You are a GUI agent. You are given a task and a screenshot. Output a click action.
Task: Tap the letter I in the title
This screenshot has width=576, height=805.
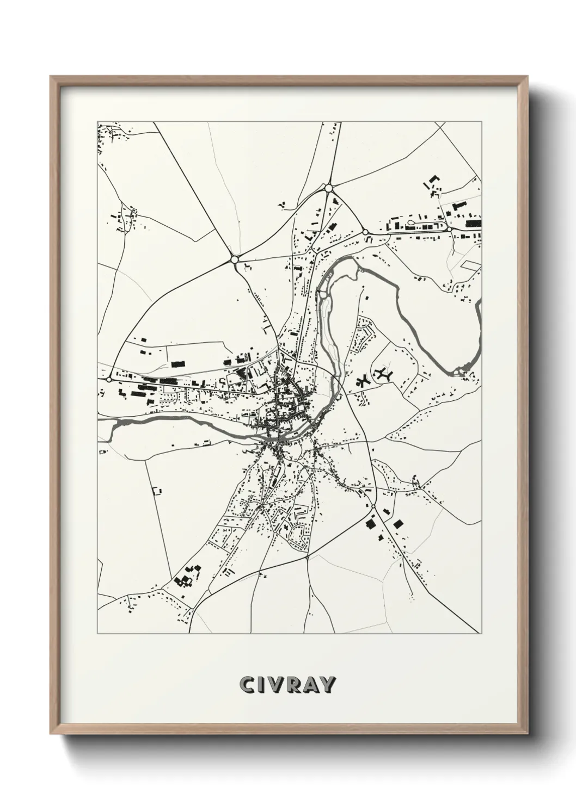click(263, 685)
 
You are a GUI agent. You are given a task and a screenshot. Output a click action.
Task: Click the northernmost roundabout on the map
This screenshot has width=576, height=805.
click(328, 188)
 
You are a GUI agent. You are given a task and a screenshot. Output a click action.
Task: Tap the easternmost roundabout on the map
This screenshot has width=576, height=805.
click(450, 230)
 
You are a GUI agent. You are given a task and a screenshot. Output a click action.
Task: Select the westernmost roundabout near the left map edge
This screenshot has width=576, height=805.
click(109, 379)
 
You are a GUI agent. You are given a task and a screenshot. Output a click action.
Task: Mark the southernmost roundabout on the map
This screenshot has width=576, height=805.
click(373, 507)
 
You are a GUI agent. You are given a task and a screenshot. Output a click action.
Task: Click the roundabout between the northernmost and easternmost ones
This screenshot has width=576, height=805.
click(365, 232)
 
